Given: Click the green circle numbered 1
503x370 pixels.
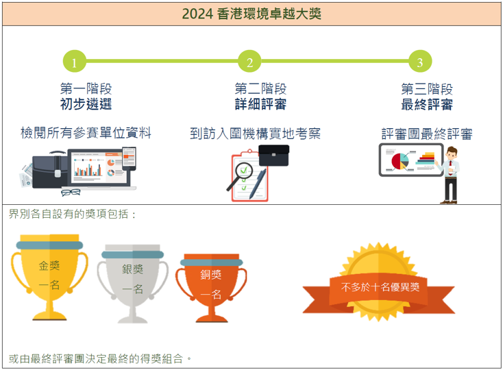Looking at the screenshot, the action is [75, 61].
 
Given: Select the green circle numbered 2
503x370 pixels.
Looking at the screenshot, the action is [249, 61].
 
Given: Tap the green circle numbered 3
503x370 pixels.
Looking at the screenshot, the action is [420, 61].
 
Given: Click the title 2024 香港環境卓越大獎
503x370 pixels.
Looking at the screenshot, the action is [251, 14].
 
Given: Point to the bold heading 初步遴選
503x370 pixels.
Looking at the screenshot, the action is [86, 104].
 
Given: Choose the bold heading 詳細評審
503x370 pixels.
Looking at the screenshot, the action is [260, 104].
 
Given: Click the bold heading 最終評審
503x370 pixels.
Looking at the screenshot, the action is [427, 105].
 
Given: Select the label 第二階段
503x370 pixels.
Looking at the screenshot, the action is [260, 88].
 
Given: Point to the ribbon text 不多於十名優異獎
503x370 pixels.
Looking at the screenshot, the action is [380, 286].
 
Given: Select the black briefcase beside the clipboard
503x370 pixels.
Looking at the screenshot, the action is [273, 156].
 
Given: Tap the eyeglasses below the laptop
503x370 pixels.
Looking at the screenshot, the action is [71, 192].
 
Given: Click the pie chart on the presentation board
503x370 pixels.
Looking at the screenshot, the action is [400, 161].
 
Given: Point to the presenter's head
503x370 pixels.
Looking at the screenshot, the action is [452, 153].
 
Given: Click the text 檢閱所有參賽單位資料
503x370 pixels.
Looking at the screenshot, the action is [86, 133].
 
